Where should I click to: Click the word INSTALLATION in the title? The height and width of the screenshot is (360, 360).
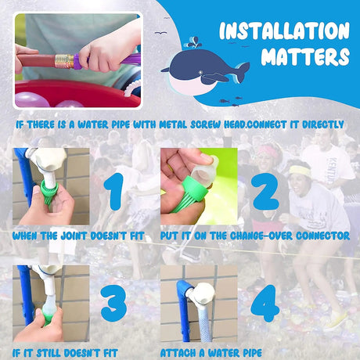click(x=284, y=31)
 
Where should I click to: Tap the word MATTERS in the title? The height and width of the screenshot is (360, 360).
click(x=305, y=56)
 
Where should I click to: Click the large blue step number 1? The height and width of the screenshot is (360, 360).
click(x=114, y=191)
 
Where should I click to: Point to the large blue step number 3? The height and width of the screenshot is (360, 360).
click(x=113, y=304)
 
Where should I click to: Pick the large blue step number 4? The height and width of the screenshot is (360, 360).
click(x=265, y=304)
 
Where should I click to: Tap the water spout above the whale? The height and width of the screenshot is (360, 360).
click(x=194, y=42)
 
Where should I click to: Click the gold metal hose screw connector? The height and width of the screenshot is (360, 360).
click(x=64, y=61)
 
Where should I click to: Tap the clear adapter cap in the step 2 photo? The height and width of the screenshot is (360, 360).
click(x=203, y=173)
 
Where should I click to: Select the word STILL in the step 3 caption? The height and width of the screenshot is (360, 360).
click(x=49, y=353)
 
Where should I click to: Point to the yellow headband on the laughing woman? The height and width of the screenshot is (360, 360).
click(x=300, y=171)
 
